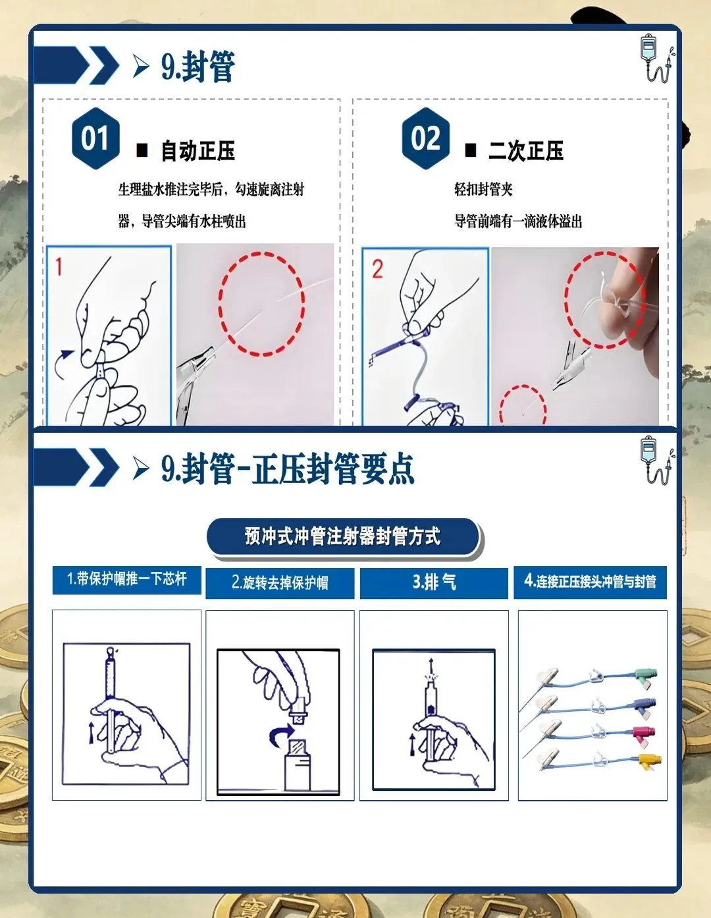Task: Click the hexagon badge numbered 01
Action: [x=95, y=138]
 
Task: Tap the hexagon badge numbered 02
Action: [x=426, y=138]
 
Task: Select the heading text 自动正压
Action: [x=198, y=151]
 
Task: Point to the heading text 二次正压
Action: [x=526, y=150]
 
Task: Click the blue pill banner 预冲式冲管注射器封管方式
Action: [x=344, y=536]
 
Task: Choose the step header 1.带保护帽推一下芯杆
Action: [x=126, y=580]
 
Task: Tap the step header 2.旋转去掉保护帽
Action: [x=280, y=583]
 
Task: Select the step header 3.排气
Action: [x=434, y=583]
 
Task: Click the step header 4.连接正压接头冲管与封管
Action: [x=590, y=582]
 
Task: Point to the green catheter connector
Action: [x=646, y=677]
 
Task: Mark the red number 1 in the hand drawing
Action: [x=59, y=267]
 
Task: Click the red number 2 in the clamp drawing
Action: [x=377, y=269]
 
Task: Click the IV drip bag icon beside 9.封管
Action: [x=656, y=59]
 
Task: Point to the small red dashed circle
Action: [x=523, y=405]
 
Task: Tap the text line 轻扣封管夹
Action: [x=483, y=189]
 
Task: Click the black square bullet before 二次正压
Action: [x=470, y=150]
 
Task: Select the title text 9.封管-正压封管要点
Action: [x=288, y=469]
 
